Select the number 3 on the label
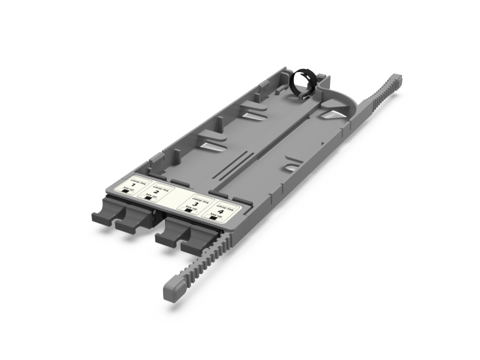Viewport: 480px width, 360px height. pyautogui.click(x=195, y=204)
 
